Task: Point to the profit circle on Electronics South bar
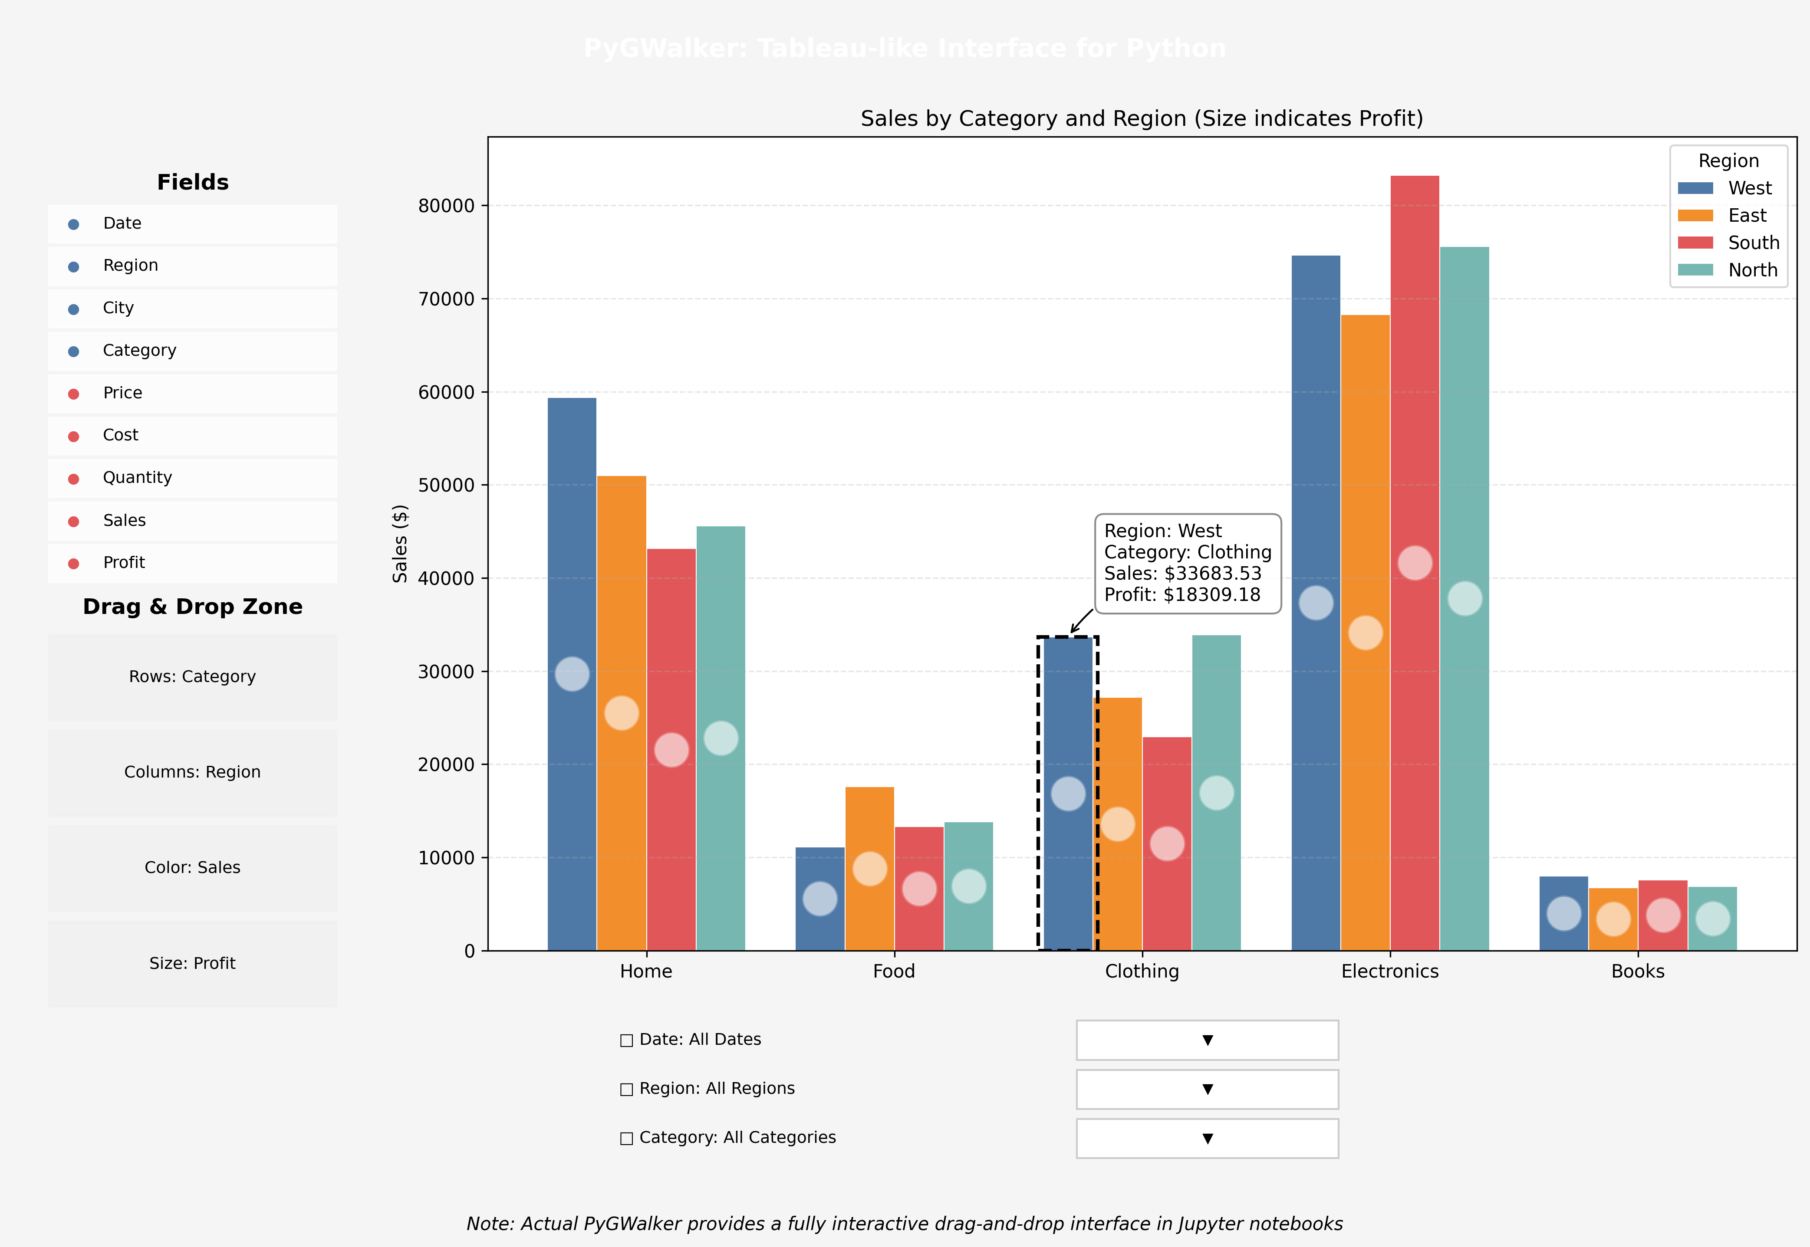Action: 1415,563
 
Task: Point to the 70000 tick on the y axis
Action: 446,299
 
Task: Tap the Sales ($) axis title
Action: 400,544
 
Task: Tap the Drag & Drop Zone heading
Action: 192,607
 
